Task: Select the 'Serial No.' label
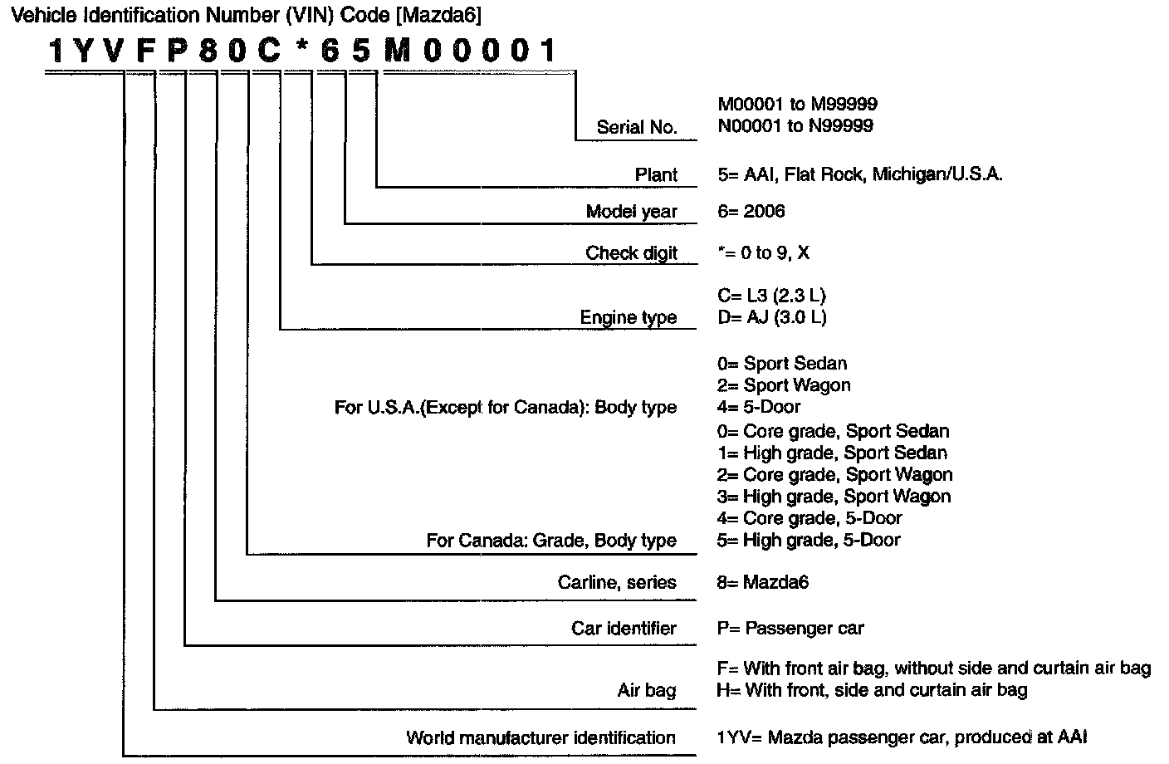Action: (637, 127)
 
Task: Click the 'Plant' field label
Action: (656, 174)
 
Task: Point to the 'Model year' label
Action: (631, 212)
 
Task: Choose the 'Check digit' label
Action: (631, 252)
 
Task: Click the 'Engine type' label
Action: (628, 317)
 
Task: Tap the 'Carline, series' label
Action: (617, 582)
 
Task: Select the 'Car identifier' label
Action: (624, 628)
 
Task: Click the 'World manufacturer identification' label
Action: (540, 737)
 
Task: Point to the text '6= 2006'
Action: (751, 212)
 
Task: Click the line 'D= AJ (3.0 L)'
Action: (771, 317)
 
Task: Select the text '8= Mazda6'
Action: (762, 582)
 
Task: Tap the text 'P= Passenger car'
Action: (790, 628)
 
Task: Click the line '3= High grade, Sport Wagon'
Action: (834, 497)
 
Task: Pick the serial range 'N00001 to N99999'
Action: (795, 126)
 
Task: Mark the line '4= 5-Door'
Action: (759, 407)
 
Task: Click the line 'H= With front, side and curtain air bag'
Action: (872, 689)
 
